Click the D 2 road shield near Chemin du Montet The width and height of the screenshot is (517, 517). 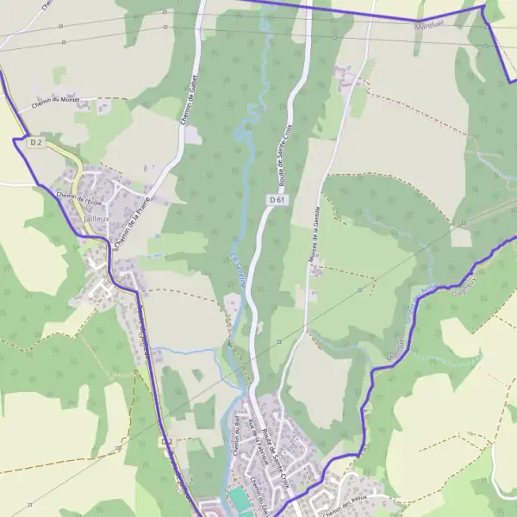[x=35, y=142]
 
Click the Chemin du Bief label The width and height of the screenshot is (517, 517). [x=234, y=437]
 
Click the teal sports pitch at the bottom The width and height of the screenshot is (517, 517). [x=238, y=500]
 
